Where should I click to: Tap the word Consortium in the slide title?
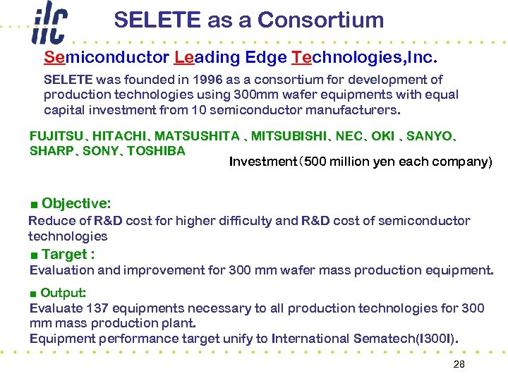[x=321, y=20]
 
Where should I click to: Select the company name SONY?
[x=100, y=150]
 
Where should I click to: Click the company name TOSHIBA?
[x=156, y=150]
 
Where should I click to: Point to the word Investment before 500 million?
[x=263, y=162]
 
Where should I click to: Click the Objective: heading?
[x=76, y=203]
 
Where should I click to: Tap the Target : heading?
[x=68, y=254]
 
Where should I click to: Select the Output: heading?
[x=64, y=292]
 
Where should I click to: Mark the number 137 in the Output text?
[x=97, y=308]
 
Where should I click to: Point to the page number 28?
[x=459, y=365]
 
